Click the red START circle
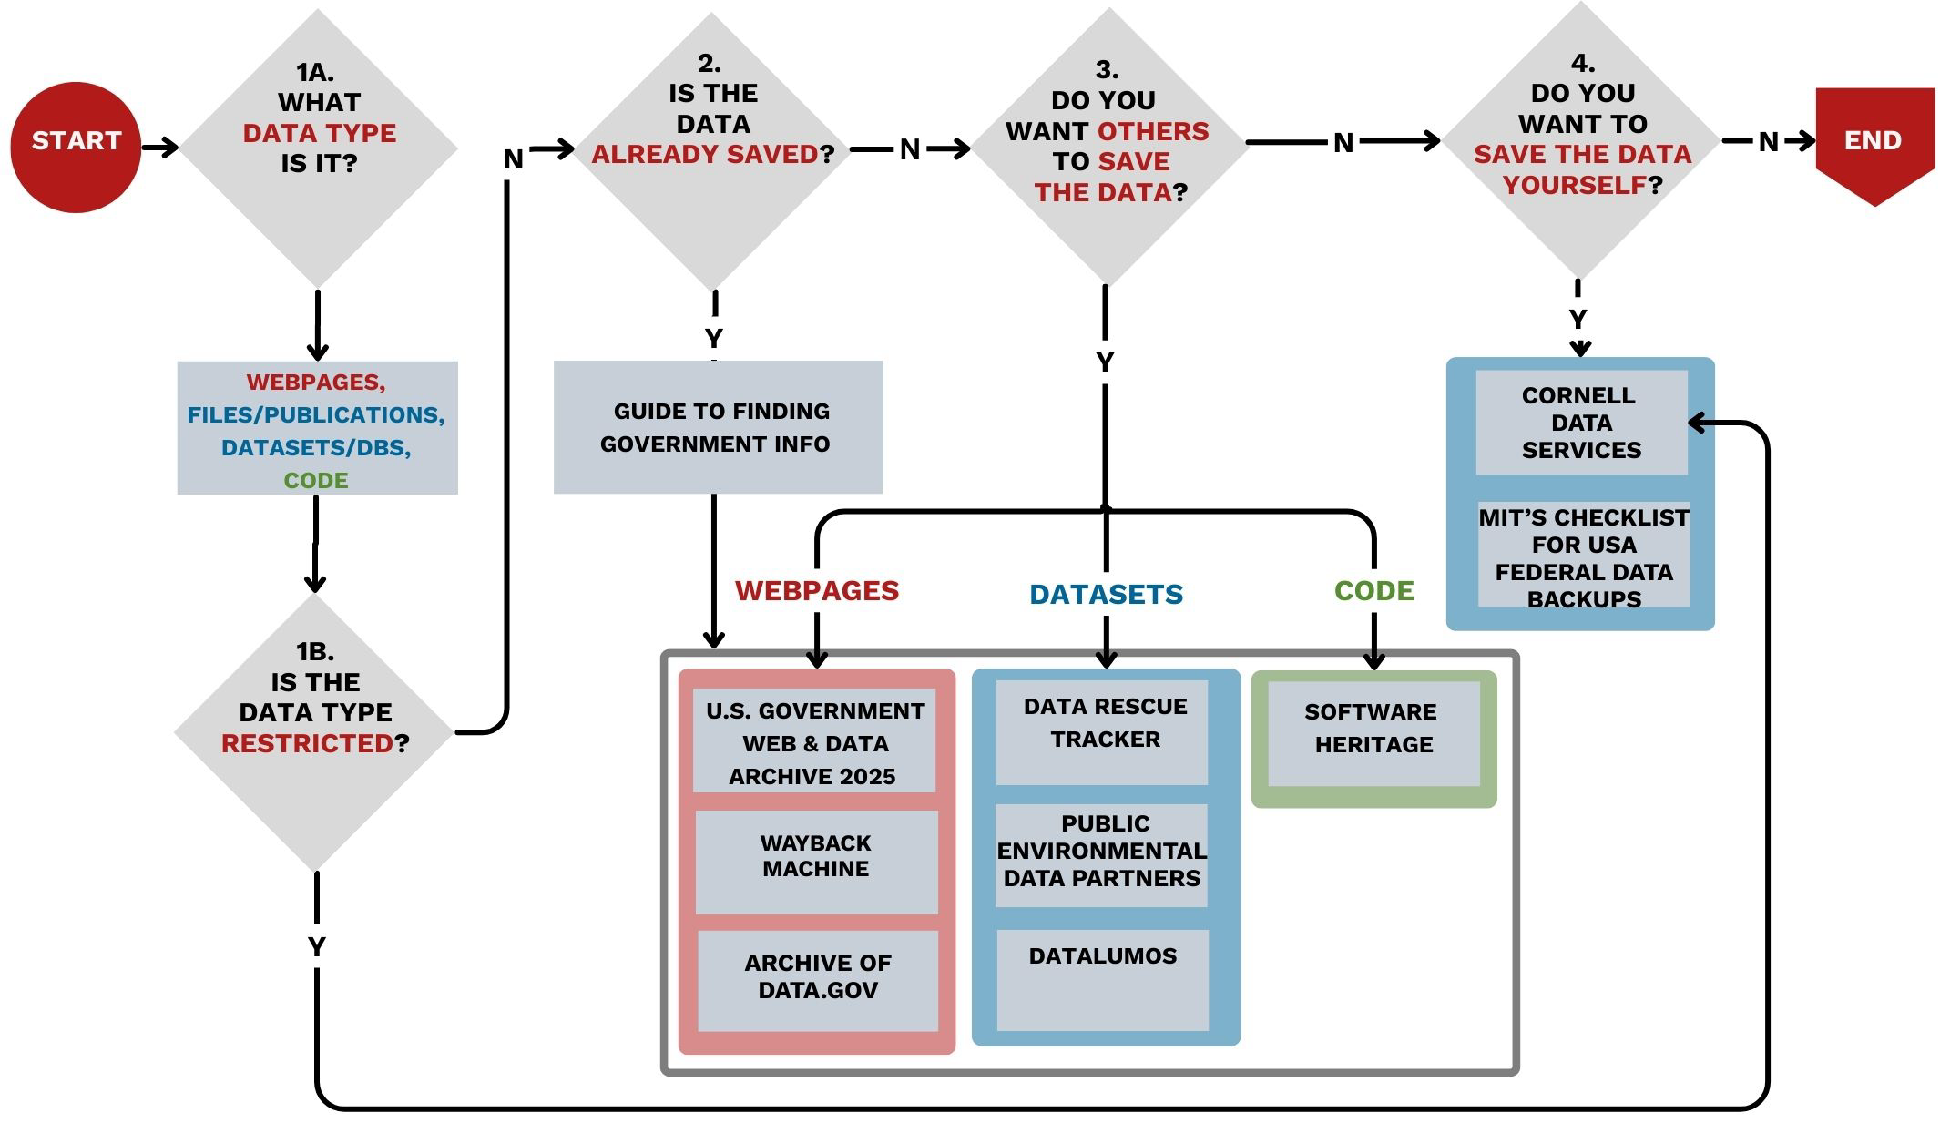tap(76, 147)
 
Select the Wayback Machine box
tap(816, 862)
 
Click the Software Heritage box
tap(1373, 732)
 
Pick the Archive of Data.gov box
tap(817, 979)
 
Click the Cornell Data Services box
tap(1581, 423)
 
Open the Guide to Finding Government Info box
tap(718, 427)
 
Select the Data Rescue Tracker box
tap(1102, 731)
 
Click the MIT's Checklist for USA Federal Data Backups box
tap(1584, 556)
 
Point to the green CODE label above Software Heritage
tap(1373, 591)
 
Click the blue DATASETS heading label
tap(1106, 595)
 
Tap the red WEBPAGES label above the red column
tap(817, 591)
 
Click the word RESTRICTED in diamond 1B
tap(307, 743)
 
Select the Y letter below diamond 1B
tap(316, 947)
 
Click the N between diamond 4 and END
tap(1768, 141)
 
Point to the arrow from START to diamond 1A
tap(160, 147)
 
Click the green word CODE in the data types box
tap(316, 480)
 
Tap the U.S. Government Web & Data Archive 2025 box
tap(814, 743)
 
